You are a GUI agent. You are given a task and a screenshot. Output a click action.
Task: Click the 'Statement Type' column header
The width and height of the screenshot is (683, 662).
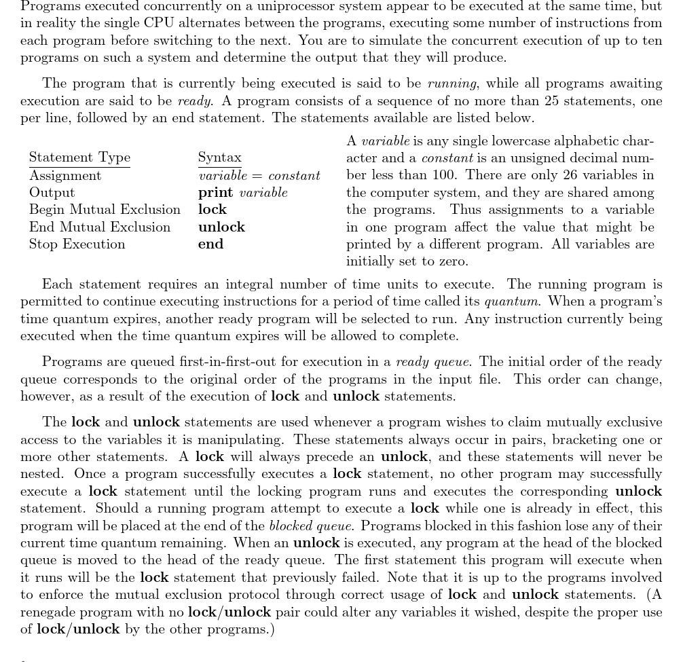pos(79,158)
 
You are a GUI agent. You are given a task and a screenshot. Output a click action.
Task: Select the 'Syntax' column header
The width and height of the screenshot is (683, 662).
pos(219,158)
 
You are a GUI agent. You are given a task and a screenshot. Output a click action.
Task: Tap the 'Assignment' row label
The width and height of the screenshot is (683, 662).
pos(65,175)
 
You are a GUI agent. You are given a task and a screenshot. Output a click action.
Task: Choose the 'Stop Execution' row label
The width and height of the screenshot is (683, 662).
pos(77,244)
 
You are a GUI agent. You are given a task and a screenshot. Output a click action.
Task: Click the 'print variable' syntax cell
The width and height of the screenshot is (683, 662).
pos(242,192)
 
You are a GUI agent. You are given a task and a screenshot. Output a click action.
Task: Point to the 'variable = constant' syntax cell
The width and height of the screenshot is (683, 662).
pos(259,175)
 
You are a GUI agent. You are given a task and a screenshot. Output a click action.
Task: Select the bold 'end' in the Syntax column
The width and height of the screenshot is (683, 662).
pos(210,244)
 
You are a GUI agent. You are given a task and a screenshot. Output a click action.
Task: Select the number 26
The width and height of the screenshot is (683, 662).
pos(574,175)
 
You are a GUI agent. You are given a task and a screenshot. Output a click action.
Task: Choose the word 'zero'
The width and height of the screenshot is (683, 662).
pos(453,261)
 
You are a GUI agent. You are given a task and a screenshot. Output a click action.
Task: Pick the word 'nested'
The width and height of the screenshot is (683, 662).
pos(43,474)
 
